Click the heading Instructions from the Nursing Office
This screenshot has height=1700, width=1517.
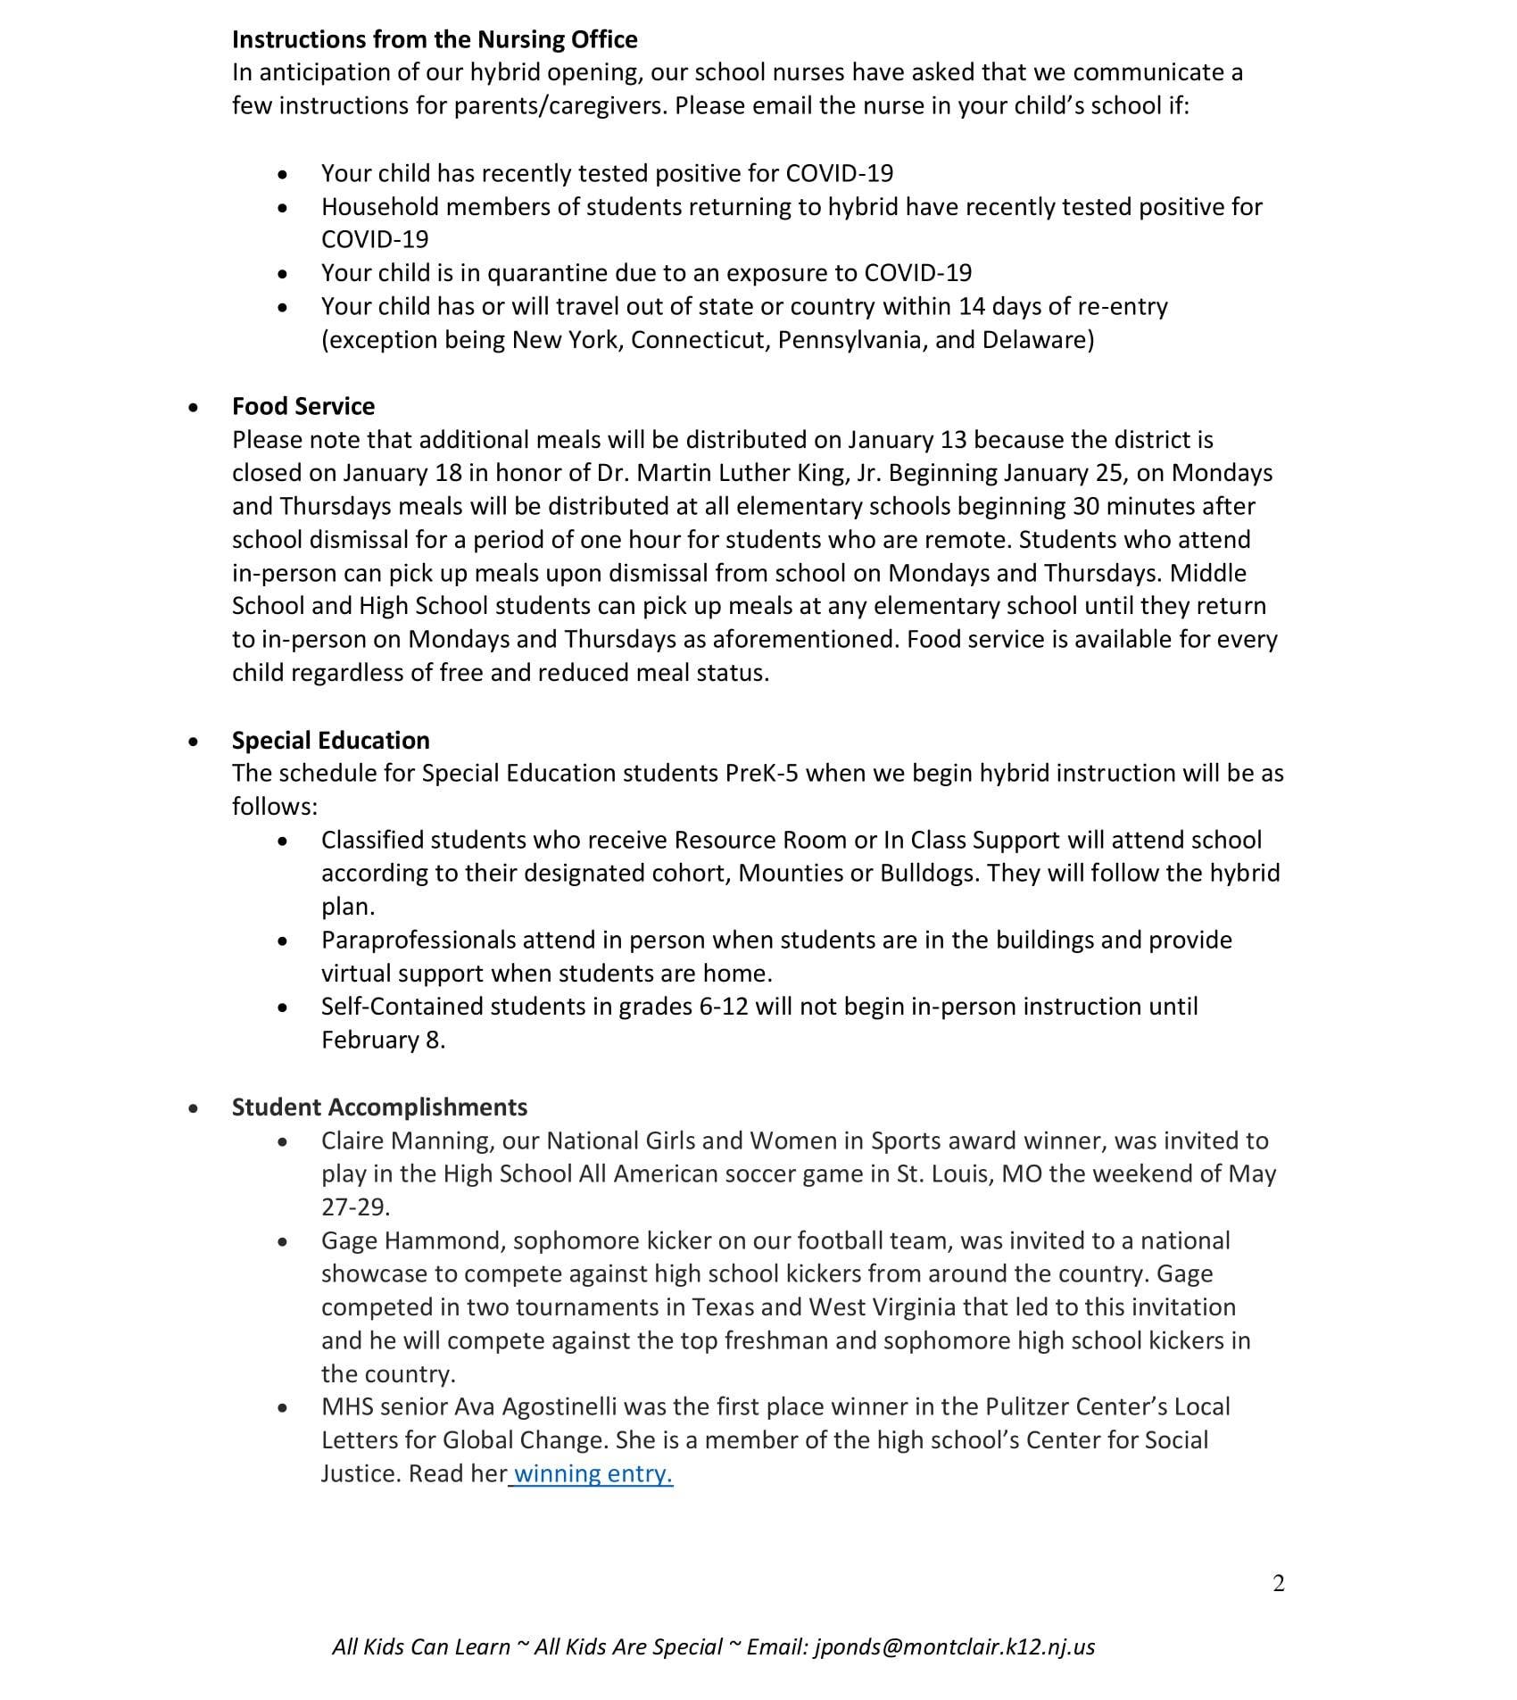point(435,39)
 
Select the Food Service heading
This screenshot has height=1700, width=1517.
point(303,406)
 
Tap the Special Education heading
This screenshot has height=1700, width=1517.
point(330,740)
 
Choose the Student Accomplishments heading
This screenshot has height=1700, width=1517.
point(379,1107)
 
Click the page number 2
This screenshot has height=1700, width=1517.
point(1278,1583)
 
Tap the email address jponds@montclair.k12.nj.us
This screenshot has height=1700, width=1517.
point(954,1646)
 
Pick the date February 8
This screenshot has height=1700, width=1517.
point(382,1040)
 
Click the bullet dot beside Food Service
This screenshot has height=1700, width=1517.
point(194,407)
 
